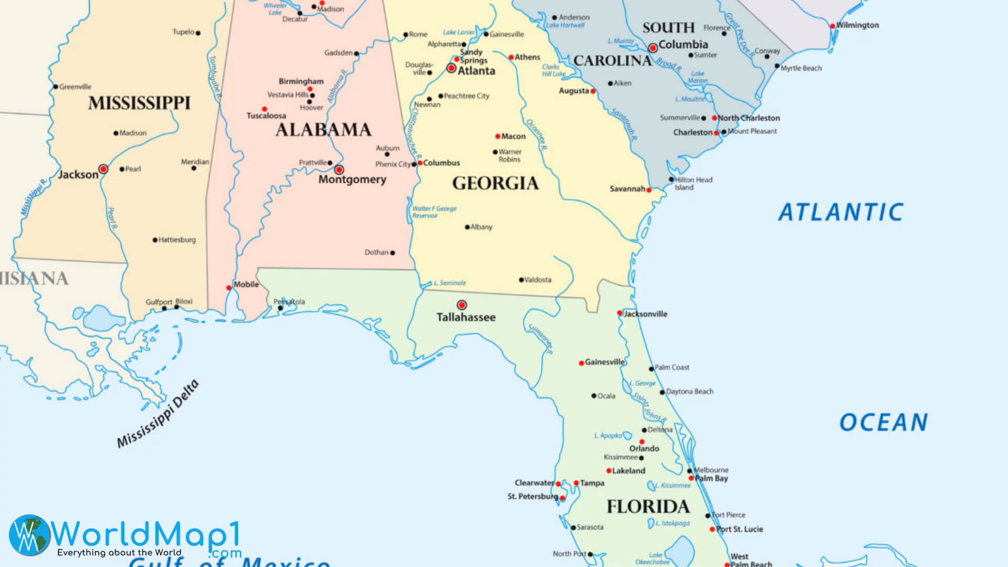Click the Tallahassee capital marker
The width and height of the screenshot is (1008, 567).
tap(461, 304)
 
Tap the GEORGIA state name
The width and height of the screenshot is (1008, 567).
tap(495, 183)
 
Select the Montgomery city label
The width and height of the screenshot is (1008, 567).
tap(352, 180)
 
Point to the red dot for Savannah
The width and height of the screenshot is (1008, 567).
tap(648, 190)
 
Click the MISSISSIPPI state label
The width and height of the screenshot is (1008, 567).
tap(139, 103)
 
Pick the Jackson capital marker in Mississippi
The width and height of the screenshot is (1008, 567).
tap(103, 169)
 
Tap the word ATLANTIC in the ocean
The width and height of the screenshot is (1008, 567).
tap(840, 213)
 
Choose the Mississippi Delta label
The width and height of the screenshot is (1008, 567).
tap(158, 414)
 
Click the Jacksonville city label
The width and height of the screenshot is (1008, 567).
tap(645, 314)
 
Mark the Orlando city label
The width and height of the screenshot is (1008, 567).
tap(644, 448)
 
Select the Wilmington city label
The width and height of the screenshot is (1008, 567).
tap(857, 25)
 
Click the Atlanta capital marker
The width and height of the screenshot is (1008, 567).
tap(451, 68)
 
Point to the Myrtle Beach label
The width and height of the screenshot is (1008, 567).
tap(801, 68)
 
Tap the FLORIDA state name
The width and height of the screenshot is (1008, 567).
tap(648, 507)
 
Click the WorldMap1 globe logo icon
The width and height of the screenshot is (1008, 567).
tap(29, 534)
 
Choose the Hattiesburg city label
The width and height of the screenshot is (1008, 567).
tap(177, 240)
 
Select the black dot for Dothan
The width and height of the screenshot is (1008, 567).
tap(393, 253)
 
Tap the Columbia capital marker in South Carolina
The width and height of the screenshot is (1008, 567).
tap(653, 48)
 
